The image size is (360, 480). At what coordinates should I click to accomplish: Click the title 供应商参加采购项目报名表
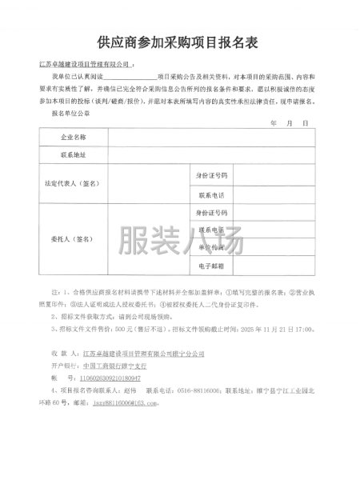pyautogui.click(x=179, y=41)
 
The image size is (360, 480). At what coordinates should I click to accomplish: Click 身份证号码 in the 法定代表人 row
pyautogui.click(x=211, y=174)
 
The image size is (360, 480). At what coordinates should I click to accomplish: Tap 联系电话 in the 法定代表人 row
pyautogui.click(x=211, y=194)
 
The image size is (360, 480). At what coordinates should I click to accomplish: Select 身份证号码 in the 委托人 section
pyautogui.click(x=211, y=213)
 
